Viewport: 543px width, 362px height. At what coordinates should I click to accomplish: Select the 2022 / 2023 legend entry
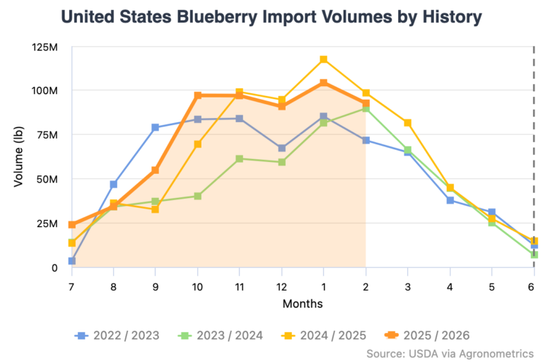(x=117, y=334)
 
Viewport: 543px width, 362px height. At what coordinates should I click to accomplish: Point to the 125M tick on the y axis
(x=44, y=47)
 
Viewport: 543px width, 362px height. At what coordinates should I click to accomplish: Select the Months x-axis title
(x=303, y=304)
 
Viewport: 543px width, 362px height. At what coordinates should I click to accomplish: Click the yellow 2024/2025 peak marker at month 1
(x=323, y=59)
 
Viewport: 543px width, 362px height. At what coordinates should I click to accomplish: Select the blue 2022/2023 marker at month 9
(x=156, y=128)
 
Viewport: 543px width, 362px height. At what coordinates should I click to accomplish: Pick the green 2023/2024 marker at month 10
(x=198, y=196)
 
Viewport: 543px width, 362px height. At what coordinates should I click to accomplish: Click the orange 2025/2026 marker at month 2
(x=366, y=104)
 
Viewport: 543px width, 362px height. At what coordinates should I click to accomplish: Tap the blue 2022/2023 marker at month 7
(x=72, y=261)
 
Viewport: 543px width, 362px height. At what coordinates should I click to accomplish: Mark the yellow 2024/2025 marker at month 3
(x=408, y=123)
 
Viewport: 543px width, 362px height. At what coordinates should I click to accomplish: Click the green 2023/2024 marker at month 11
(x=240, y=159)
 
